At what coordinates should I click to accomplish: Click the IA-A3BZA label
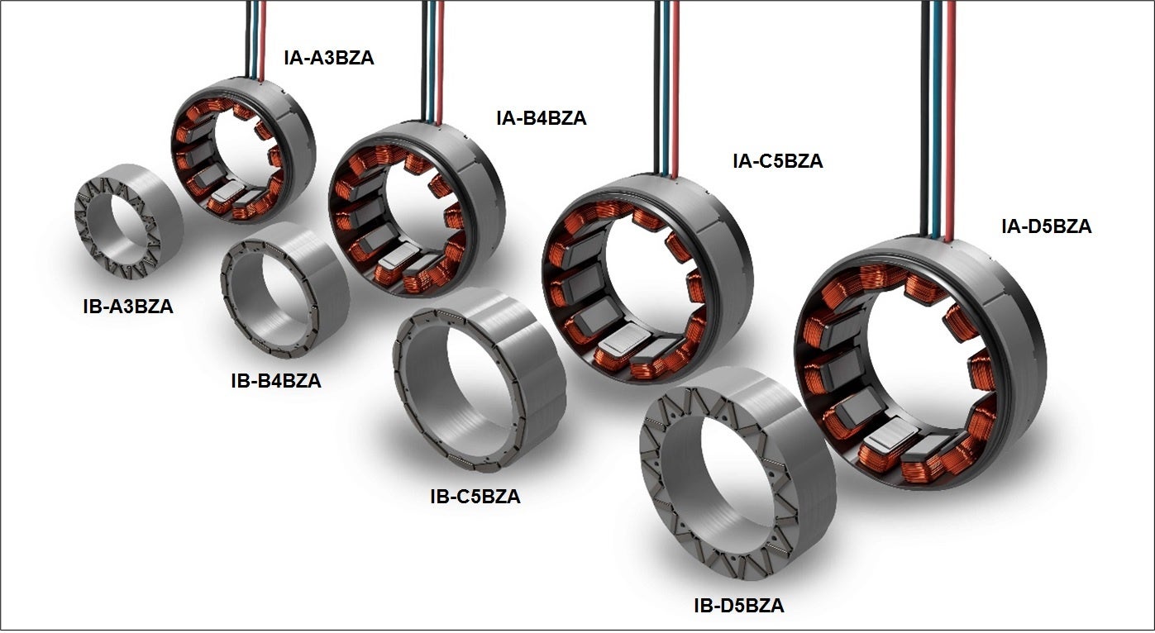[x=328, y=58]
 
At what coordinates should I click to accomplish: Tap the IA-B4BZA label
[x=542, y=118]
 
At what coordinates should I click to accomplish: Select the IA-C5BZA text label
[x=777, y=161]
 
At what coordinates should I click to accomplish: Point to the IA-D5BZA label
[x=1046, y=226]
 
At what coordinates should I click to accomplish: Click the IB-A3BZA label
[x=128, y=307]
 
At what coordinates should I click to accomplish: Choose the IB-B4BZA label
[x=276, y=381]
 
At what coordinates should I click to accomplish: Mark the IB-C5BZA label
[x=475, y=497]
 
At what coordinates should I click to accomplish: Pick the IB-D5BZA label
[x=739, y=605]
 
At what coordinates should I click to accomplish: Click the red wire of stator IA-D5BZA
[x=951, y=121]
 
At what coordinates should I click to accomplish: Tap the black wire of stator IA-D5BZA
[x=925, y=118]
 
